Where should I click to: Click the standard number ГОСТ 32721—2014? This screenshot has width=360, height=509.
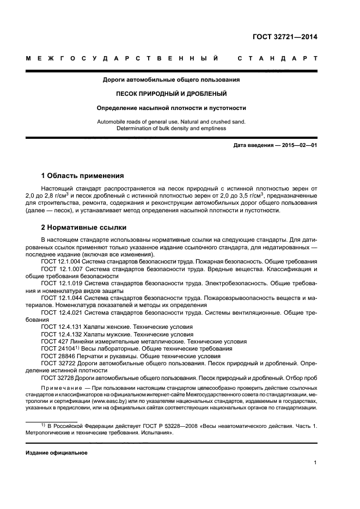pyautogui.click(x=285, y=37)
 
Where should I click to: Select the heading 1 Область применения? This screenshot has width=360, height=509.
pyautogui.click(x=82, y=176)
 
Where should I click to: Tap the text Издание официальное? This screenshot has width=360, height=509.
pyautogui.click(x=57, y=453)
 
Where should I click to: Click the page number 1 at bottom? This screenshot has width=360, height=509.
pyautogui.click(x=315, y=463)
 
